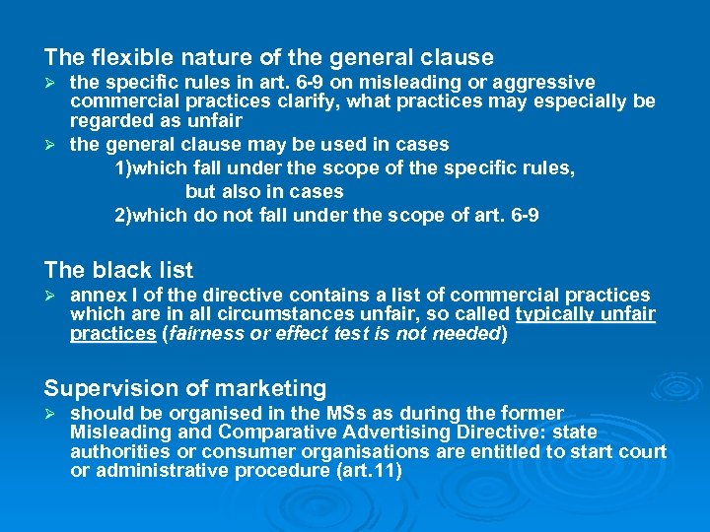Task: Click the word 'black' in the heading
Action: point(115,270)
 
